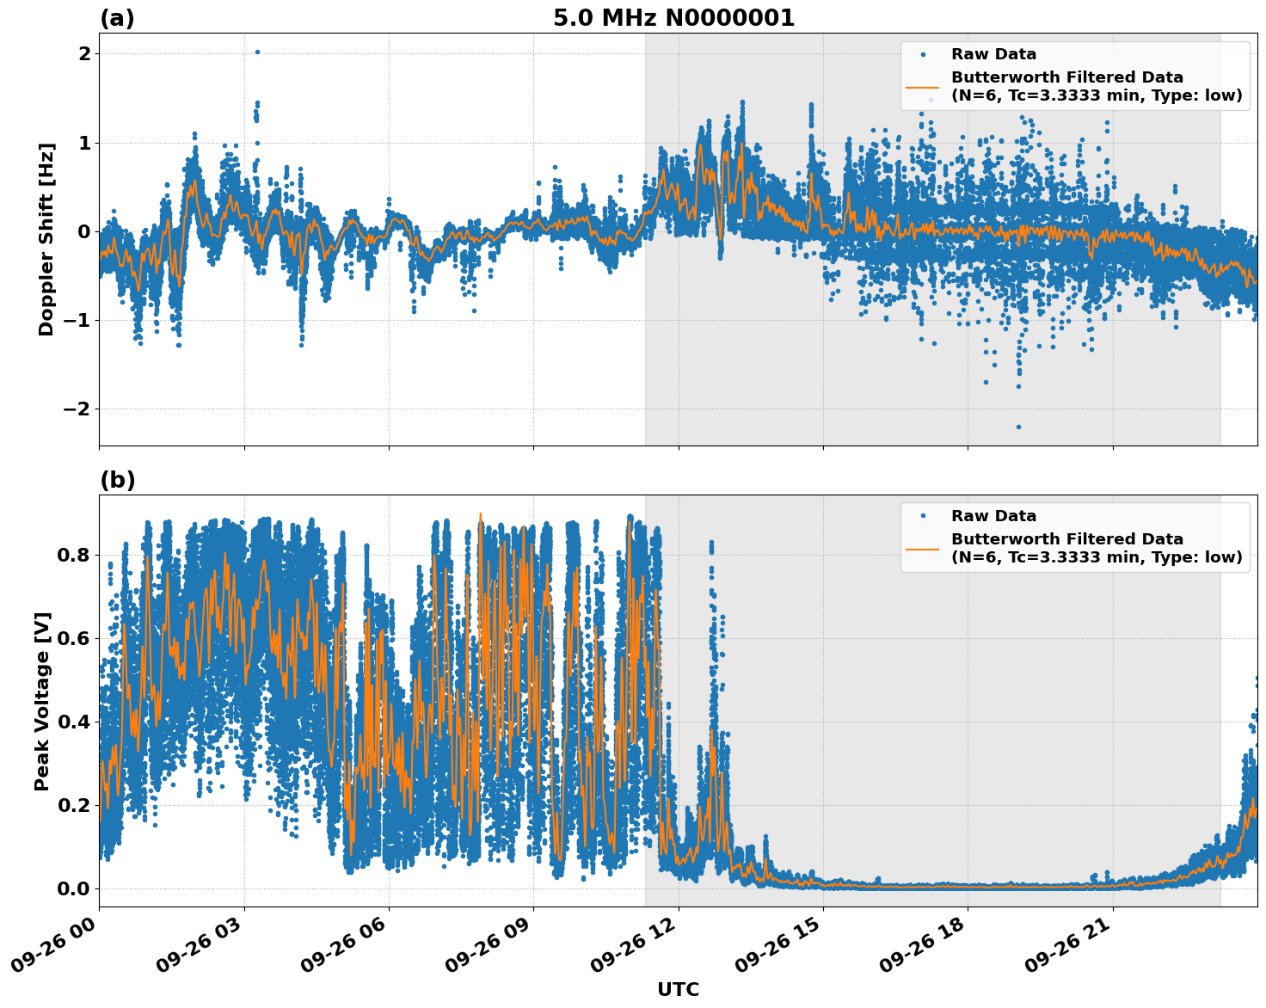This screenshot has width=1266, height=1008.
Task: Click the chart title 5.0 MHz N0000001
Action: click(x=673, y=18)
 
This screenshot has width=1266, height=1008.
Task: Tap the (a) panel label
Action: click(x=117, y=18)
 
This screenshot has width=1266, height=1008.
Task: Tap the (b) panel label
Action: click(x=117, y=480)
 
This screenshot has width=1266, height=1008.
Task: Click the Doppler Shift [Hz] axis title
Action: click(x=46, y=239)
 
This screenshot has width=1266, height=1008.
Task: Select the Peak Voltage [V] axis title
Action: click(x=43, y=701)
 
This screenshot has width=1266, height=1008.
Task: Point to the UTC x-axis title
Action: click(x=678, y=989)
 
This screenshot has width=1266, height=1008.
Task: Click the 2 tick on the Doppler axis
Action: click(x=84, y=53)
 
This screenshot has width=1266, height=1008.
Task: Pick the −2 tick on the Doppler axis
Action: click(x=78, y=409)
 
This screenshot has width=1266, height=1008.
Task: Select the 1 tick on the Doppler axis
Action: click(x=84, y=143)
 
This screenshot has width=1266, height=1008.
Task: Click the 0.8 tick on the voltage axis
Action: click(x=73, y=555)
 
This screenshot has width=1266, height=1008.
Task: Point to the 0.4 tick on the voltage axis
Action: click(x=73, y=722)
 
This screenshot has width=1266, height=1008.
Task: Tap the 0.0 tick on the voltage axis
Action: click(x=73, y=888)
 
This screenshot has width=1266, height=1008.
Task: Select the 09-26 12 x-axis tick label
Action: click(x=641, y=950)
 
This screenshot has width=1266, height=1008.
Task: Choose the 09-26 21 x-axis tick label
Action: click(x=1075, y=950)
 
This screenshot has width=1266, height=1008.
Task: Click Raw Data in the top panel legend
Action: click(x=993, y=54)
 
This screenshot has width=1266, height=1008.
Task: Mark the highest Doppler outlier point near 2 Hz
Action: click(x=257, y=52)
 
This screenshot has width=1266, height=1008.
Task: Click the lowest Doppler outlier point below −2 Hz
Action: click(x=1018, y=427)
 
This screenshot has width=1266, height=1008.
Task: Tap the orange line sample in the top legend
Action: click(x=923, y=87)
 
